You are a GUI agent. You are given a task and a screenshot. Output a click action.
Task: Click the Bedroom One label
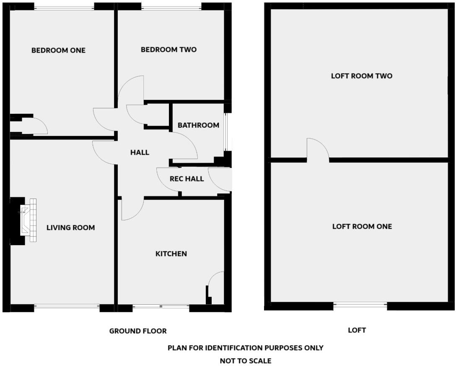tap(58, 50)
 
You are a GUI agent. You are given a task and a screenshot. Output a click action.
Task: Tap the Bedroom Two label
tap(168, 50)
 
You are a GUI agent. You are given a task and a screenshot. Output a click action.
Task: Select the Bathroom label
tap(198, 125)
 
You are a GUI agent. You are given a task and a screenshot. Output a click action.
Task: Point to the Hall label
tap(140, 152)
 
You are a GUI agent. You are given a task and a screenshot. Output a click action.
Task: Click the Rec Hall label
tap(187, 179)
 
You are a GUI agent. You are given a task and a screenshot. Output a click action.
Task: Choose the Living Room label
tap(70, 227)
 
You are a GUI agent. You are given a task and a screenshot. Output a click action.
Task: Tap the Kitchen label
tap(171, 254)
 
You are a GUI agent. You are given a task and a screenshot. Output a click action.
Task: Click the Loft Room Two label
tap(361, 76)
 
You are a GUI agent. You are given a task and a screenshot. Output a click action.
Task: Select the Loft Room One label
tap(362, 226)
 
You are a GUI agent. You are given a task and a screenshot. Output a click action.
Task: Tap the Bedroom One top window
tap(64, 7)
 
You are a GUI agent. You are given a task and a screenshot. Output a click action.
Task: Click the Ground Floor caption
tap(138, 331)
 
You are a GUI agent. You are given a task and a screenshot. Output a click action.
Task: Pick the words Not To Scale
tap(246, 361)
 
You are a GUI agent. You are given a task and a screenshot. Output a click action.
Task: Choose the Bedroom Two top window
tap(171, 7)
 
